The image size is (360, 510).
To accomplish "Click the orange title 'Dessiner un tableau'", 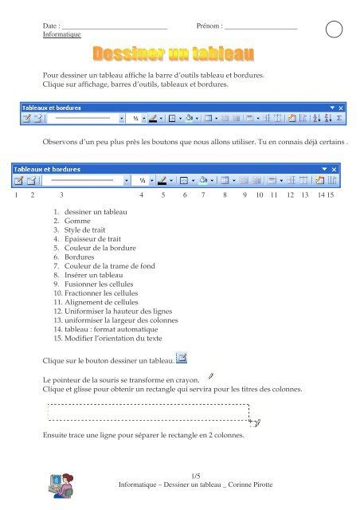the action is pos(174,54).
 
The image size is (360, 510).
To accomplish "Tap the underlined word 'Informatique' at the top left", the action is pos(61,34).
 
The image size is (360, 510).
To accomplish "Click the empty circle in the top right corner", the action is pos(335,29).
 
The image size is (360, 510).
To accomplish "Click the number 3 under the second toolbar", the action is pos(61,194).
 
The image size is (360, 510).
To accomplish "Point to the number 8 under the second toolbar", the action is pos(225,194).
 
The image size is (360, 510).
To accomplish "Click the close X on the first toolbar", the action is pos(341,107).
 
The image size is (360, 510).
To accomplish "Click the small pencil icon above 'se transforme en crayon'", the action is pos(210,373).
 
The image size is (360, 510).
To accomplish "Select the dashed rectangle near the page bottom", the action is pos(149,411).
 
